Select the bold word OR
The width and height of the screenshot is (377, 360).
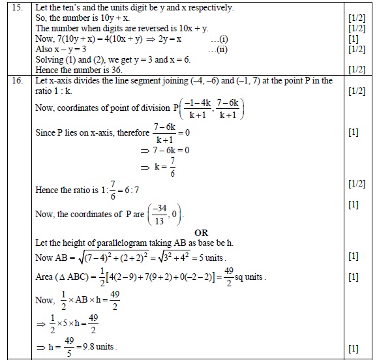coord(201,232)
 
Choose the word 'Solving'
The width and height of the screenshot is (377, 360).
coord(50,59)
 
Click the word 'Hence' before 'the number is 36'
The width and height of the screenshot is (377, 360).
coord(48,70)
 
